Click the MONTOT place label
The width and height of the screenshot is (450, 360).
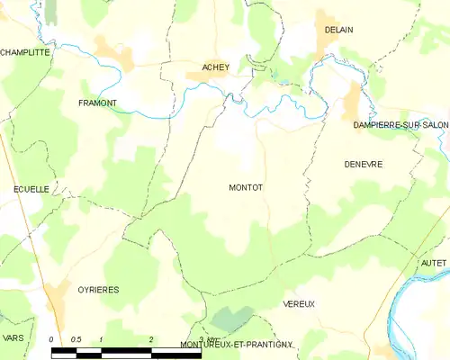point(246,187)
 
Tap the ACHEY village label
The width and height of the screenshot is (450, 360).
point(215,67)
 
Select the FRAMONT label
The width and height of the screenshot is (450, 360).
point(98,103)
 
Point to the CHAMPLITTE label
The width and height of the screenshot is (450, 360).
point(25,52)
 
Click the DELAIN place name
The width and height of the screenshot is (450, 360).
point(338,30)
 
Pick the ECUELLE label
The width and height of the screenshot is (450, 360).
point(31,189)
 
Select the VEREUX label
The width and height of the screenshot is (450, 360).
point(299,304)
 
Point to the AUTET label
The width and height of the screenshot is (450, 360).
point(434,262)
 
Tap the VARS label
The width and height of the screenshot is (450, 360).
point(13,337)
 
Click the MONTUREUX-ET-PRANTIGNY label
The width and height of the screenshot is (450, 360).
point(237,345)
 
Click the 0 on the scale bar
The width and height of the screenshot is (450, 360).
point(52,338)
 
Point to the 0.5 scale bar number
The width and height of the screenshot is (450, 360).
point(76,338)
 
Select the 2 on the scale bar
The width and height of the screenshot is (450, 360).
point(151,338)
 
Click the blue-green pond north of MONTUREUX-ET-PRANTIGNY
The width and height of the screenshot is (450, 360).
point(233,318)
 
